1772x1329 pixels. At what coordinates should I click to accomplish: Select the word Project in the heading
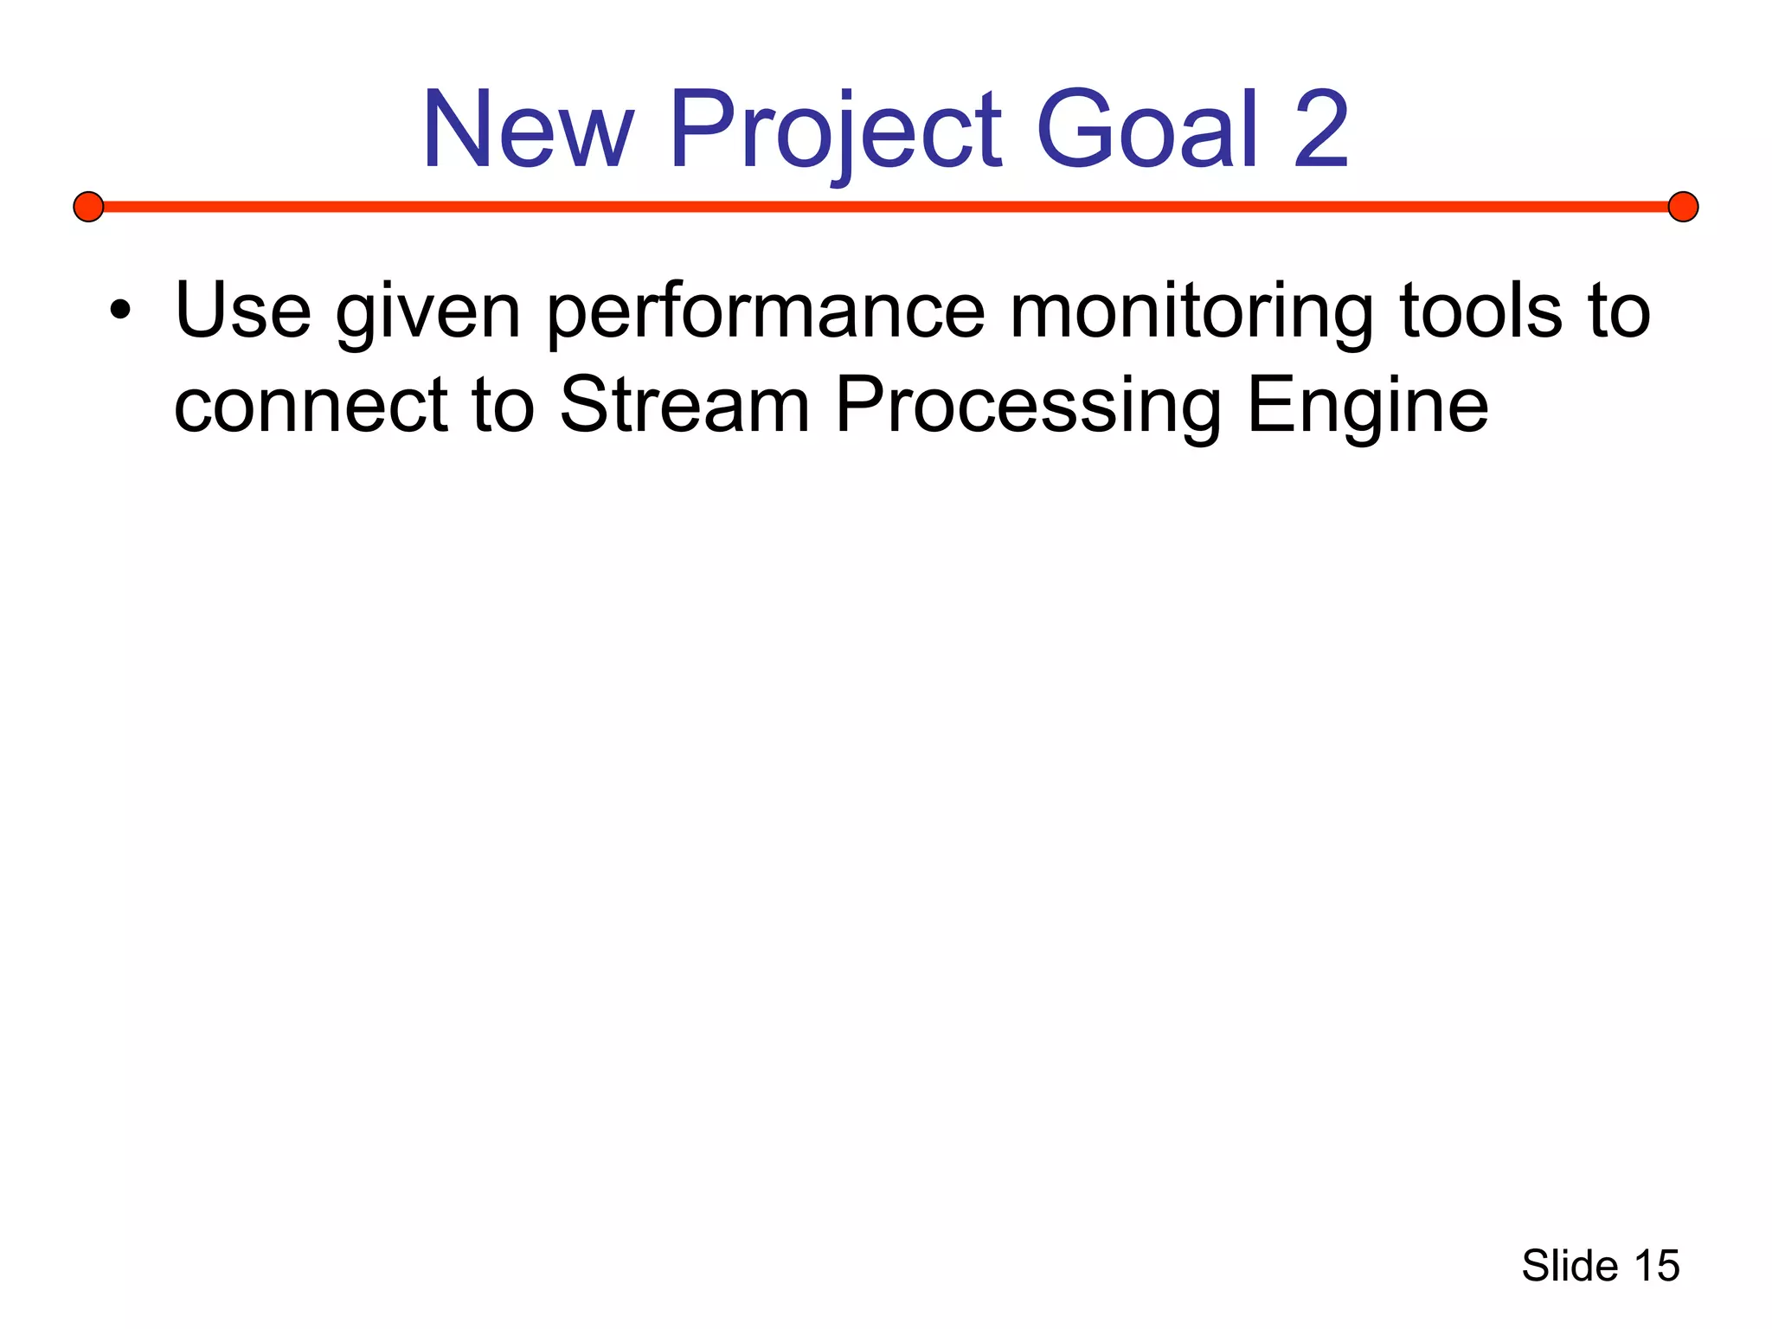tap(835, 130)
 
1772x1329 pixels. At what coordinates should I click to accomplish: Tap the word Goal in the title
tap(1146, 130)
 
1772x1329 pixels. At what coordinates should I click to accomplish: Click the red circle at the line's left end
tap(88, 207)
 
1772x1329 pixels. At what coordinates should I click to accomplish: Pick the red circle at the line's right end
tap(1683, 207)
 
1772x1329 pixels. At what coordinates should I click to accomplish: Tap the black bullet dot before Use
tap(120, 311)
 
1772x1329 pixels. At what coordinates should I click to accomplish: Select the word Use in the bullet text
tap(242, 311)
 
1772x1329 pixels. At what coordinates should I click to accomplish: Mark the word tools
tap(1480, 311)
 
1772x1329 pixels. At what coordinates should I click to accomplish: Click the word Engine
tap(1368, 407)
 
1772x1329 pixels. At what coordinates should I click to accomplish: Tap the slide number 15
tap(1656, 1266)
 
